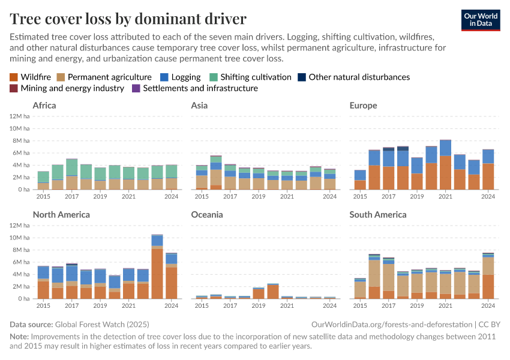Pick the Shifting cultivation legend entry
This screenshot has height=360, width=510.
point(250,77)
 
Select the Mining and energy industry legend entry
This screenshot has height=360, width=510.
point(67,88)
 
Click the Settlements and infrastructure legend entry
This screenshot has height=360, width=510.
point(194,88)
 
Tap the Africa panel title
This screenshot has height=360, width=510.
point(44,106)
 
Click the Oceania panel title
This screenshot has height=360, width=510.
point(206,214)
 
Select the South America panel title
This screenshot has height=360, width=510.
point(378,214)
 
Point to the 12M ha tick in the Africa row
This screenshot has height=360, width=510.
point(20,116)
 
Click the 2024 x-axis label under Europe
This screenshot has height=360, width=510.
point(488,196)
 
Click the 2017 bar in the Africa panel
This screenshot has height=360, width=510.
point(71,174)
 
